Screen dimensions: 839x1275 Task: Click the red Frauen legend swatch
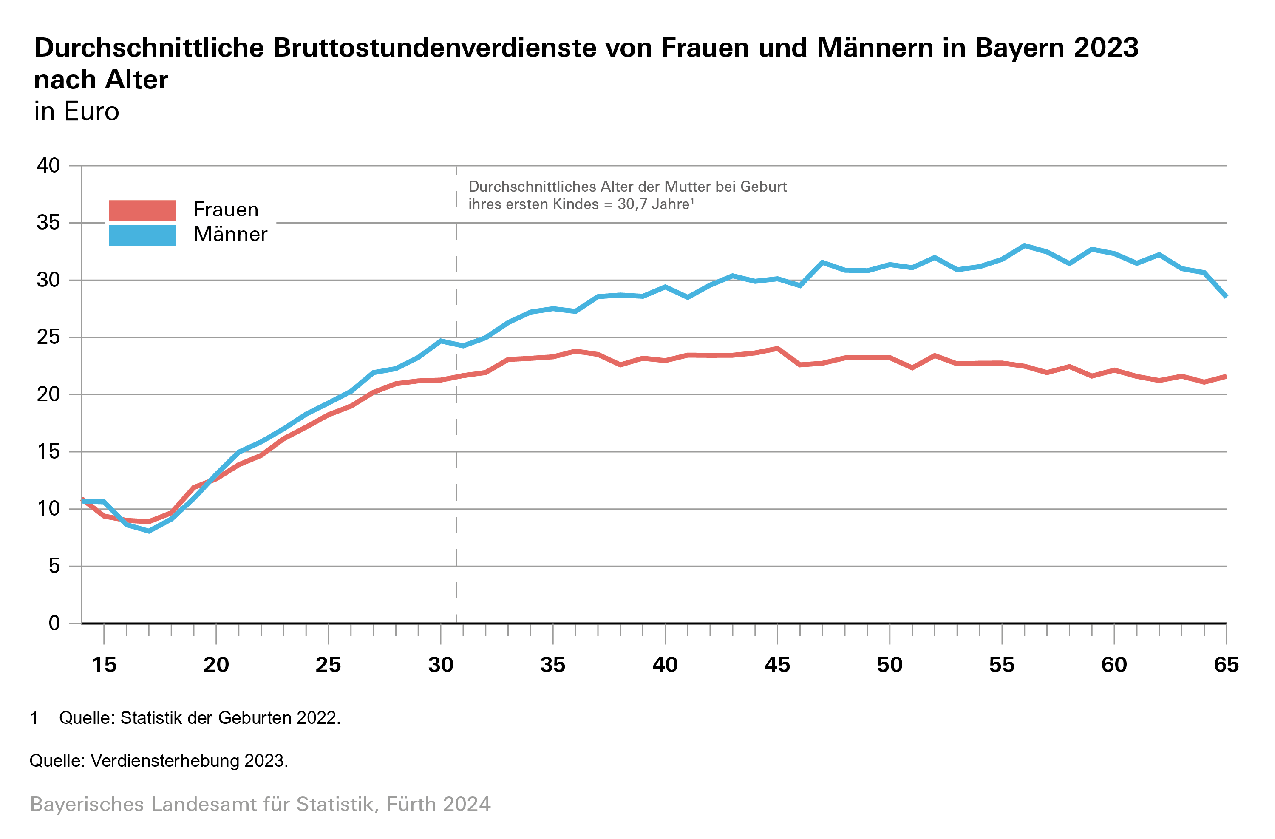(142, 210)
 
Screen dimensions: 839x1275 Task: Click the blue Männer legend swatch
(142, 235)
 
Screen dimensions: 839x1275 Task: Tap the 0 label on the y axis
(54, 623)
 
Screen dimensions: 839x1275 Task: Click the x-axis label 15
(104, 665)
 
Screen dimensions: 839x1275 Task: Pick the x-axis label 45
(777, 665)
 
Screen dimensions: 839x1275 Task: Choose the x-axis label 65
(1226, 665)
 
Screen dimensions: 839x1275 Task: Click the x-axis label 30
(440, 665)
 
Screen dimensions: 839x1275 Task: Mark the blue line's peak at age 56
(1024, 245)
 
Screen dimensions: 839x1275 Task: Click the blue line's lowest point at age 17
(148, 531)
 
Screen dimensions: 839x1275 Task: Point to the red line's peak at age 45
(777, 348)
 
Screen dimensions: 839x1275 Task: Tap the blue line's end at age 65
(1226, 296)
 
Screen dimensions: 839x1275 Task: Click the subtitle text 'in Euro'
(76, 111)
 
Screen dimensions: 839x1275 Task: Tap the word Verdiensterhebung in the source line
(165, 761)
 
